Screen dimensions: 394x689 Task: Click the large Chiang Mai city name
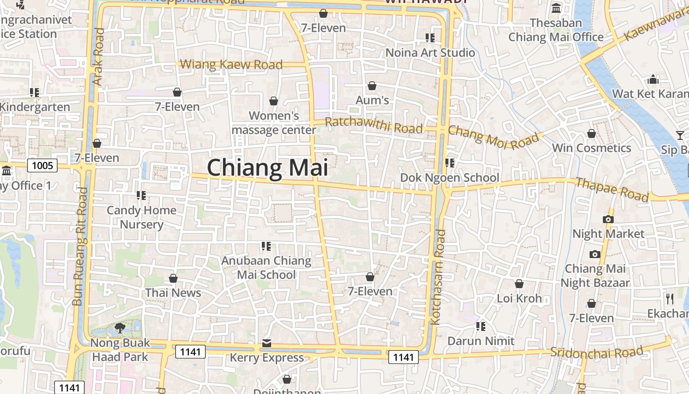[267, 167]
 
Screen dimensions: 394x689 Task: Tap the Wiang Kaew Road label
[231, 65]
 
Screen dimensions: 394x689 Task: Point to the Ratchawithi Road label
[374, 125]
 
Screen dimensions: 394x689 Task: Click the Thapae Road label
[612, 190]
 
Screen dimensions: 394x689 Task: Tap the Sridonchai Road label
[596, 352]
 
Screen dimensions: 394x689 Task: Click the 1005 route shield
[42, 165]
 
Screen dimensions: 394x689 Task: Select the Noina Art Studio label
[430, 53]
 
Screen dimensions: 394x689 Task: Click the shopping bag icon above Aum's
[372, 86]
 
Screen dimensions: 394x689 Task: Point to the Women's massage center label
[274, 123]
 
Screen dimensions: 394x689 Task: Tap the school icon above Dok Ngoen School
[449, 163]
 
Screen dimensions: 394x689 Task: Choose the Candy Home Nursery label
[141, 217]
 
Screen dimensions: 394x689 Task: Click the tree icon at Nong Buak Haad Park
[120, 328]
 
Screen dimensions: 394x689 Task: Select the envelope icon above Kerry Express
[267, 343]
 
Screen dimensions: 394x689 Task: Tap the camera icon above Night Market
[608, 220]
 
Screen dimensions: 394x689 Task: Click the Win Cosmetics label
[591, 148]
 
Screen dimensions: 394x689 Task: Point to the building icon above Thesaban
[557, 8]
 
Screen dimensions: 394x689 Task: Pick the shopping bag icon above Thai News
[173, 279]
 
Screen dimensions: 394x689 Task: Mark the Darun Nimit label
[481, 341]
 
